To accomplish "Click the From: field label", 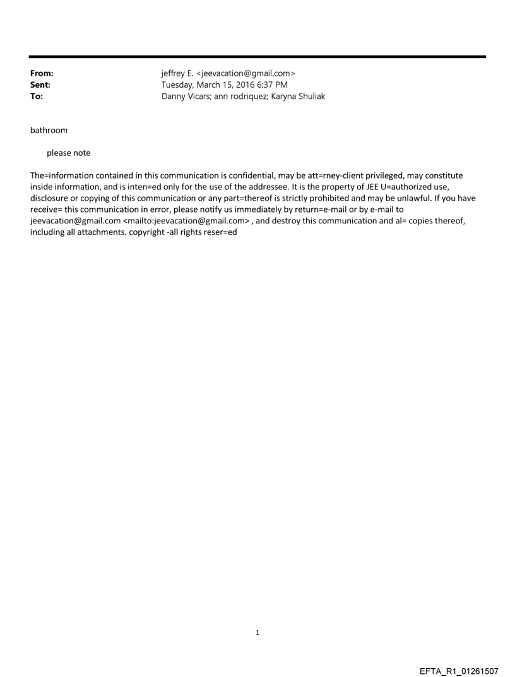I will [x=42, y=74].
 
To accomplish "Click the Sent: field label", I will [x=40, y=85].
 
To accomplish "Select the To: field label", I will [x=37, y=97].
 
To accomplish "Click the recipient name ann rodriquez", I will [x=242, y=97].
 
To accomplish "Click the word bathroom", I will [x=49, y=131].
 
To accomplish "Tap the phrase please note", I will [x=68, y=153].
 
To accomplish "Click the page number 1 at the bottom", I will [x=257, y=632].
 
